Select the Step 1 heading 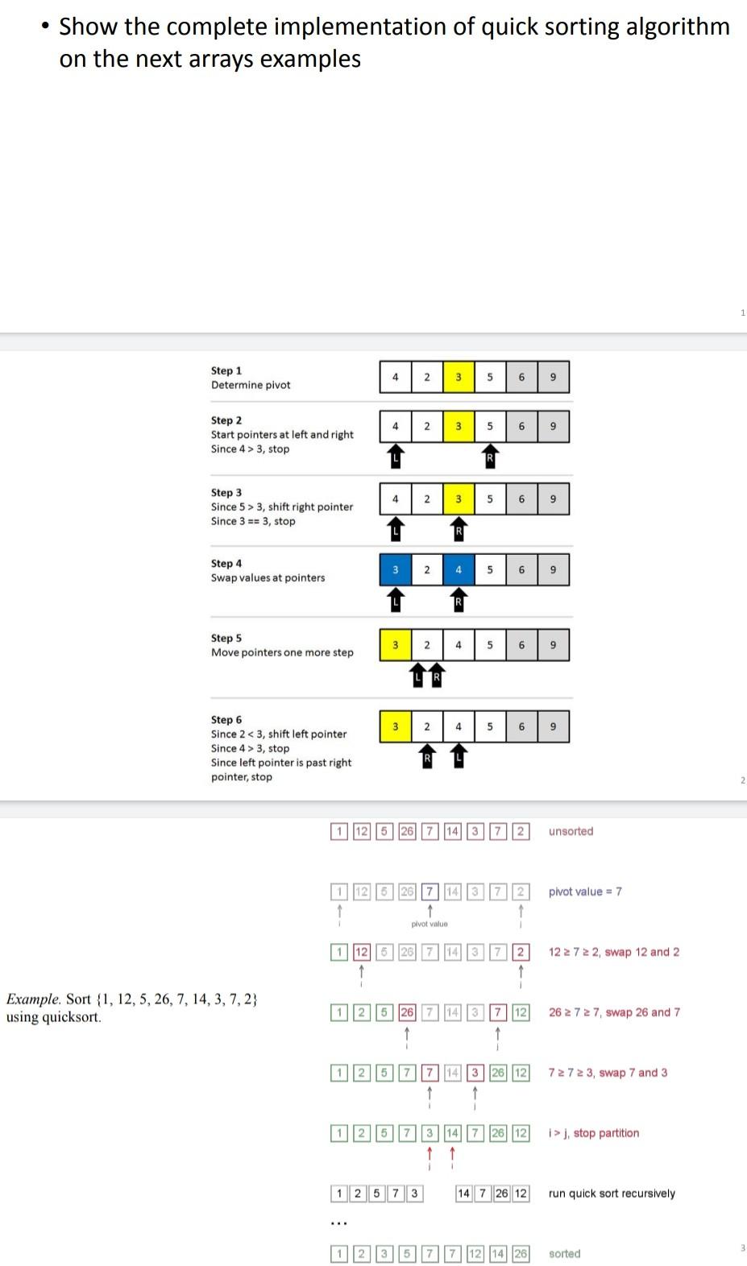click(226, 370)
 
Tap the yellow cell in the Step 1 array click(458, 377)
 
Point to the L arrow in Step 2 click(395, 456)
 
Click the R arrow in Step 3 click(459, 529)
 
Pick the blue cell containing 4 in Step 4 click(458, 570)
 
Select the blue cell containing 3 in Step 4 click(395, 570)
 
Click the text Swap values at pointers click(268, 578)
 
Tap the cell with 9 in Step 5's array click(553, 645)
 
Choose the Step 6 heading click(226, 720)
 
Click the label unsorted click(571, 831)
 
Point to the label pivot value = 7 click(585, 892)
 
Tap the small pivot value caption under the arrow click(430, 924)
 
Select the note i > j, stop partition click(594, 1133)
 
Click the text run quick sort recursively click(612, 1194)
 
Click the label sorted click(564, 1254)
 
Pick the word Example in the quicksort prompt click(33, 999)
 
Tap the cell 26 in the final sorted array click(521, 1254)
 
